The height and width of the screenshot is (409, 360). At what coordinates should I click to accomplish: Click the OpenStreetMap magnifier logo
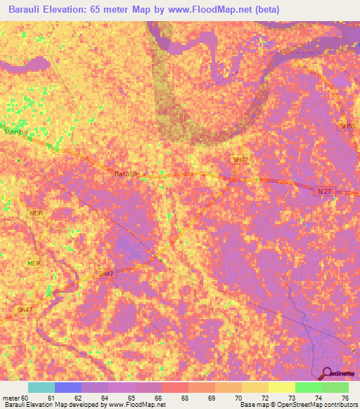[x=328, y=374]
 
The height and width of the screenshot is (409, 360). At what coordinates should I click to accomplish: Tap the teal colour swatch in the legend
[x=41, y=387]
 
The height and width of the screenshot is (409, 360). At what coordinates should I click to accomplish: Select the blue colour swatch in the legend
[x=68, y=387]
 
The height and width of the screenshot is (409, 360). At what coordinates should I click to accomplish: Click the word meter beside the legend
[x=11, y=398]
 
